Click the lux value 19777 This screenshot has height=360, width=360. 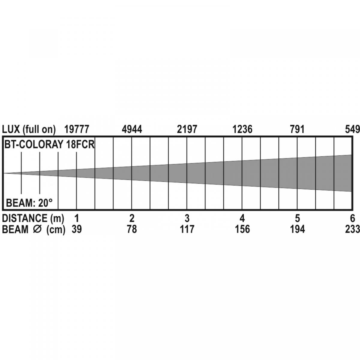(x=76, y=129)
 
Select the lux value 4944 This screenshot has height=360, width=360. (x=132, y=129)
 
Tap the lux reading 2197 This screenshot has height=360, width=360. (x=187, y=129)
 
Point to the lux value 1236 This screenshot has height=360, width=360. (x=242, y=129)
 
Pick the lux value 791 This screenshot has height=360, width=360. (x=297, y=129)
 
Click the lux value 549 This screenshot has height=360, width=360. (x=352, y=129)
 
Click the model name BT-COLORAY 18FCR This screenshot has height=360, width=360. (x=49, y=144)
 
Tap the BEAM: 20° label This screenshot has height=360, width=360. (x=29, y=203)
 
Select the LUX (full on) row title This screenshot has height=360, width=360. (x=29, y=130)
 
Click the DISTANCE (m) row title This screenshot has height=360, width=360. (x=33, y=218)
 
